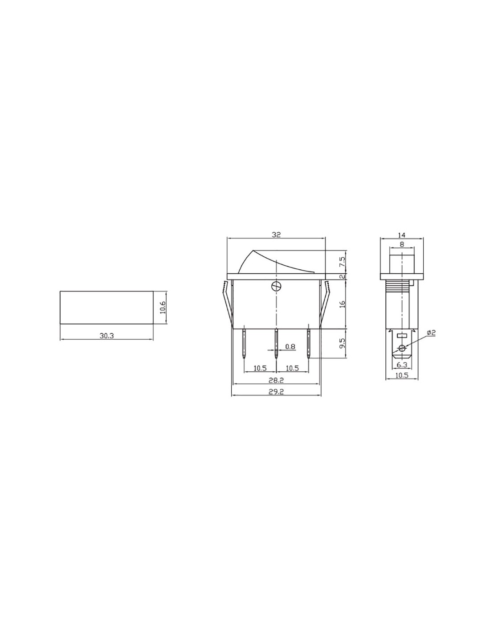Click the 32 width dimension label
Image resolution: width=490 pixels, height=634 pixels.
pos(276,235)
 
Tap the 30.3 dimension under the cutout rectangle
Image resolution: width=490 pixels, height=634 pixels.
pos(107,336)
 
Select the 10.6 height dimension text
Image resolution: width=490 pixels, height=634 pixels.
pos(163,307)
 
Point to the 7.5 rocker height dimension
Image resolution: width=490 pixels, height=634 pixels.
pos(343,262)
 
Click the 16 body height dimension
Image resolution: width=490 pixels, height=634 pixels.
pos(343,304)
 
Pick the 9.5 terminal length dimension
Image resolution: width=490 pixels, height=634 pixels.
pos(343,343)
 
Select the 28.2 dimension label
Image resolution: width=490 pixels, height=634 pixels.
pos(276,380)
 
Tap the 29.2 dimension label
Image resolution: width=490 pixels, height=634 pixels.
pos(276,392)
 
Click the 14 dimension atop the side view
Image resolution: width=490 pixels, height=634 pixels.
pos(402,235)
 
